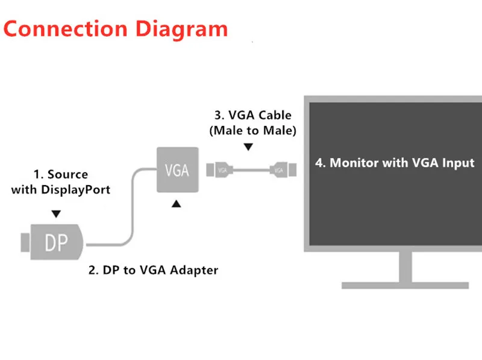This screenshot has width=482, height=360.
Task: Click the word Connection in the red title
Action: pyautogui.click(x=65, y=29)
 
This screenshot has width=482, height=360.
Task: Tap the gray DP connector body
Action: pyautogui.click(x=57, y=242)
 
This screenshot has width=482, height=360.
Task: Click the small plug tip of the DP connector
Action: pyautogui.click(x=25, y=242)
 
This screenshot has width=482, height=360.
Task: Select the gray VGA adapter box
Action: pyautogui.click(x=178, y=170)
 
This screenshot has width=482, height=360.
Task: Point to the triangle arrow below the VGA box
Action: pyautogui.click(x=176, y=204)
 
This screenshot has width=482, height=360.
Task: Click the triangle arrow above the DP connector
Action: pyautogui.click(x=56, y=214)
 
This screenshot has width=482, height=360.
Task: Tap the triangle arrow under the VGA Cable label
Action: pyautogui.click(x=248, y=147)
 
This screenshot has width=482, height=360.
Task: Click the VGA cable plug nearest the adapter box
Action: pyautogui.click(x=219, y=170)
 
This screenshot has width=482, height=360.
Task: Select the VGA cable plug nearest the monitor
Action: pyautogui.click(x=283, y=170)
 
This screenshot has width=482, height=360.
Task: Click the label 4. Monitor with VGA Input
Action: pyautogui.click(x=395, y=163)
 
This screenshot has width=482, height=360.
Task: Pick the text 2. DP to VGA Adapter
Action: pyautogui.click(x=153, y=270)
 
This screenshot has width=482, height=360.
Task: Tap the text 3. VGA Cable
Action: pyautogui.click(x=252, y=115)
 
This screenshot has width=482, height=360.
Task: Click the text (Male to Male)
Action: pyautogui.click(x=252, y=130)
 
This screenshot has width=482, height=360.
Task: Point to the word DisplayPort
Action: pyautogui.click(x=76, y=190)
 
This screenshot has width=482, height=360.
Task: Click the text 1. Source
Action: pyautogui.click(x=61, y=174)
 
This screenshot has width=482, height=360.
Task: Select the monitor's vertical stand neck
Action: pyautogui.click(x=405, y=267)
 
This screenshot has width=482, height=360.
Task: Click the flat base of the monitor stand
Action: pyautogui.click(x=405, y=285)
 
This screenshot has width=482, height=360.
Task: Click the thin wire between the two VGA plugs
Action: pyautogui.click(x=251, y=170)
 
